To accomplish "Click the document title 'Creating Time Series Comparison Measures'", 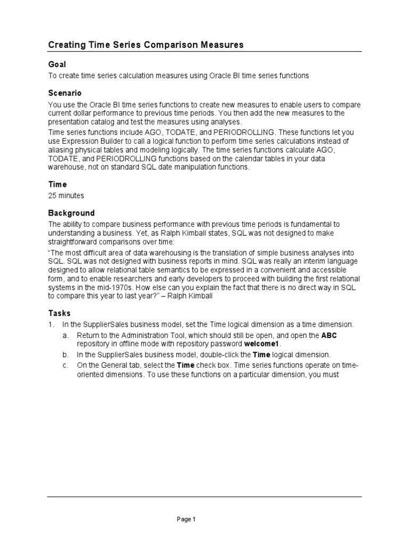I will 146,45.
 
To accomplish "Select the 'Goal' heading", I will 56,64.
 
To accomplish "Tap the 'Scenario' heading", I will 64,93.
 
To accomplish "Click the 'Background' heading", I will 71,213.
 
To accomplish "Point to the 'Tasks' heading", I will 59,313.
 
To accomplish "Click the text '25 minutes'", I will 66,196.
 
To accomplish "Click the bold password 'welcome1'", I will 261,344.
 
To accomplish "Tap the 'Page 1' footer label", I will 187,519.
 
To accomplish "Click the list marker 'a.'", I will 66,335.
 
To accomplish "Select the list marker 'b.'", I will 66,354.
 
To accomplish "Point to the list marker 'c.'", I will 66,365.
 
